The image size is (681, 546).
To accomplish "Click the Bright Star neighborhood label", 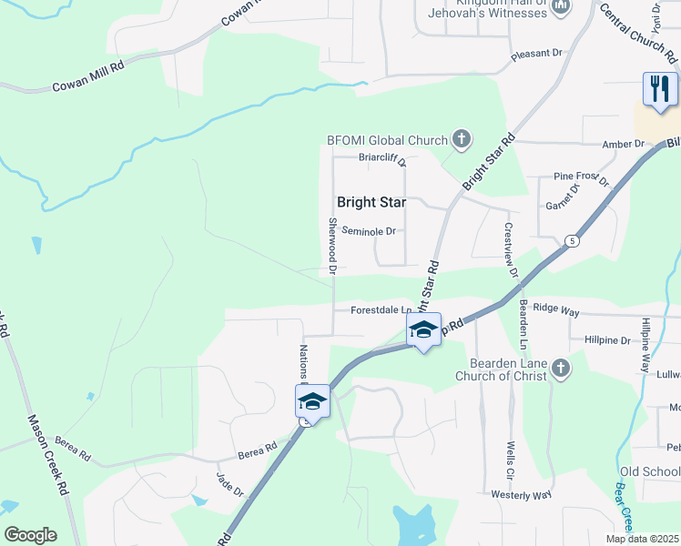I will (x=371, y=202).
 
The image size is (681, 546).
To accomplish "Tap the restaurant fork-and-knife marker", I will (x=660, y=89).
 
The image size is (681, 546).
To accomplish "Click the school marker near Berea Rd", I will (x=311, y=401).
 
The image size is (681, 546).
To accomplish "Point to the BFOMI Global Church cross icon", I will (x=462, y=140).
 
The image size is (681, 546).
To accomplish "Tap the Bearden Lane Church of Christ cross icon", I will (x=562, y=369).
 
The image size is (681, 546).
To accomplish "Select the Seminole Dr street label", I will (x=369, y=231).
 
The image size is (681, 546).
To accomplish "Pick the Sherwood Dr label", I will (x=332, y=246).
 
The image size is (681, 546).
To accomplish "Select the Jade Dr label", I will (x=229, y=483).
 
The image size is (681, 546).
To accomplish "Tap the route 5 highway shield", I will (x=572, y=241).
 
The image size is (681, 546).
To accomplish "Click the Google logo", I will (x=30, y=535).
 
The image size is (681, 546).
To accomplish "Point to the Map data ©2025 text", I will (x=641, y=539).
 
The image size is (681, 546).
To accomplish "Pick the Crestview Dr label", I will (x=510, y=250).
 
